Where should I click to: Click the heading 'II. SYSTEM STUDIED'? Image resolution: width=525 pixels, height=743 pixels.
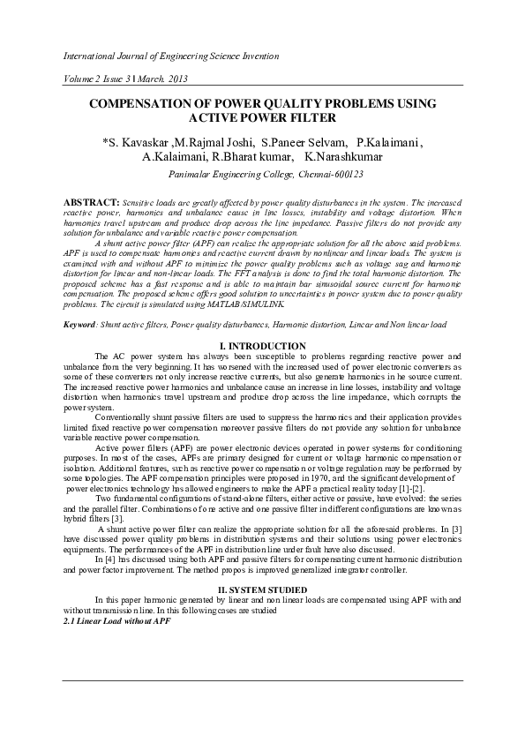[x=262, y=589]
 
